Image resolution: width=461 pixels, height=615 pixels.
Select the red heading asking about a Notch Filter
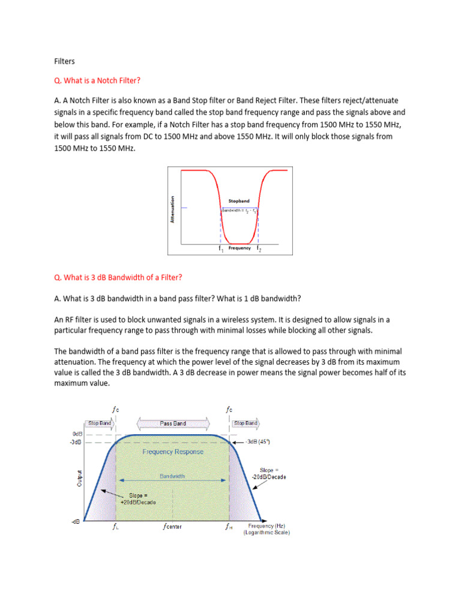tap(97, 80)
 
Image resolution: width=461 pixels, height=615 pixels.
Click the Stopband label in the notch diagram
tap(239, 201)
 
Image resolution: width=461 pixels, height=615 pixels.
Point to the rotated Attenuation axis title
tap(172, 210)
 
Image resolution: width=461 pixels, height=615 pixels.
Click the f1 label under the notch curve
tap(221, 248)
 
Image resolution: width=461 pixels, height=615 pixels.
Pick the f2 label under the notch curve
tap(259, 248)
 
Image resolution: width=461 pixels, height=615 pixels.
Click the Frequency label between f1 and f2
tap(240, 248)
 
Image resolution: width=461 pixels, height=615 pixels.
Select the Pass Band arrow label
tap(173, 423)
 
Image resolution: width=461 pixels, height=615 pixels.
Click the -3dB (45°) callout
tap(258, 441)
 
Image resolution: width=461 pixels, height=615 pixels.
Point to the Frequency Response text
tap(173, 452)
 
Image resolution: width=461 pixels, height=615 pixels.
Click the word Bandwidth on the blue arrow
tap(172, 476)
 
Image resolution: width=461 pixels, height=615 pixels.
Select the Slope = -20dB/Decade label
tap(273, 473)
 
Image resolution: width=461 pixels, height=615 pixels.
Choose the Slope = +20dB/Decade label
tap(142, 498)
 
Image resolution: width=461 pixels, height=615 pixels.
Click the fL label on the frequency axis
tap(116, 527)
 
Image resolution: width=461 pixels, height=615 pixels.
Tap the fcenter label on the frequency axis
tap(172, 527)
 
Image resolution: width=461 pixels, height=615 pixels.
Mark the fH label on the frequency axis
tap(229, 527)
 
